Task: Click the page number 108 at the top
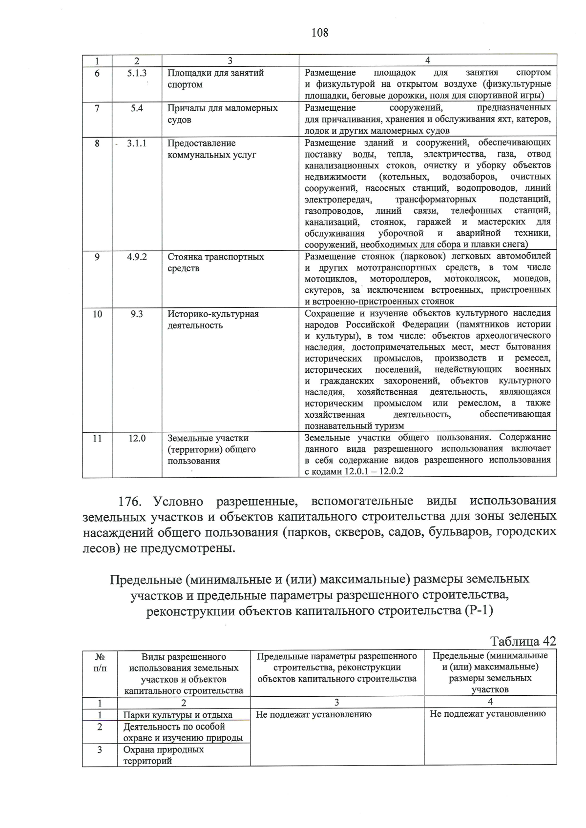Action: coord(319,33)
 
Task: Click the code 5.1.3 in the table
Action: coord(137,73)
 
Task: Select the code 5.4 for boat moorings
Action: coord(137,108)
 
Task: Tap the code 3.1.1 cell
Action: coord(137,143)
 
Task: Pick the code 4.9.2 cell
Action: coord(137,257)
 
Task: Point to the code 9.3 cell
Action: coord(137,314)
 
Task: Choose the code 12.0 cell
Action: coord(137,439)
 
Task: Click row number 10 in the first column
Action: coord(97,314)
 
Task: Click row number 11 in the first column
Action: coord(97,439)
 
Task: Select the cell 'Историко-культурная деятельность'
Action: coord(213,320)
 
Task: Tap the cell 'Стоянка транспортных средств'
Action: coord(215,263)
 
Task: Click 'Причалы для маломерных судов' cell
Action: coord(222,114)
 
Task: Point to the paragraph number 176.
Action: coord(130,501)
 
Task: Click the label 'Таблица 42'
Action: coord(523,641)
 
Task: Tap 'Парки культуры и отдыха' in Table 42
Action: coord(178,715)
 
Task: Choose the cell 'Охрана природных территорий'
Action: coord(163,755)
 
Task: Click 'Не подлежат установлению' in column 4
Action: coord(487,714)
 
